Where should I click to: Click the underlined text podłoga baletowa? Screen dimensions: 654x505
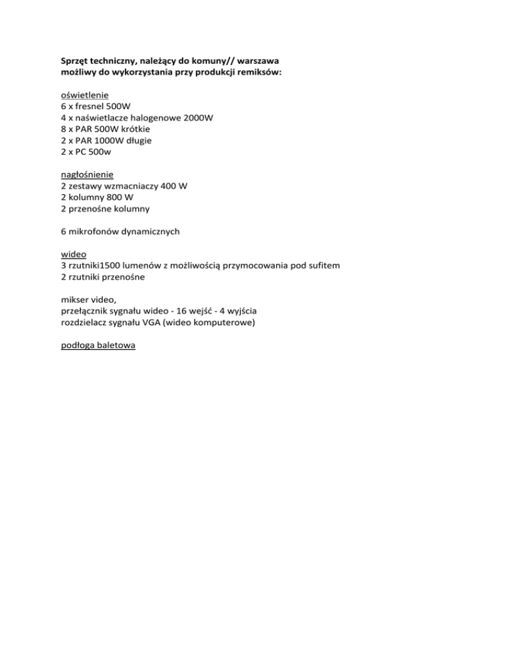pos(97,345)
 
